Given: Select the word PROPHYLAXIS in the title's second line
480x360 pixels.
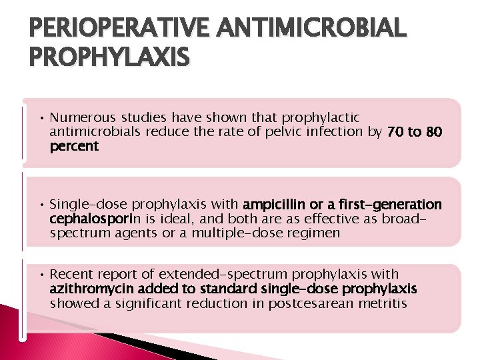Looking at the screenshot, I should (x=109, y=58).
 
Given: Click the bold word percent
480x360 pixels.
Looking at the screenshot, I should (x=74, y=145).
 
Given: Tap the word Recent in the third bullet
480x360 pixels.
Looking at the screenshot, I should (x=70, y=274).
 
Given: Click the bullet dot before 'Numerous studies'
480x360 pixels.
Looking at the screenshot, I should (x=41, y=118).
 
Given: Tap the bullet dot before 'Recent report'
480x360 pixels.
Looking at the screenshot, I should (x=41, y=275).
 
